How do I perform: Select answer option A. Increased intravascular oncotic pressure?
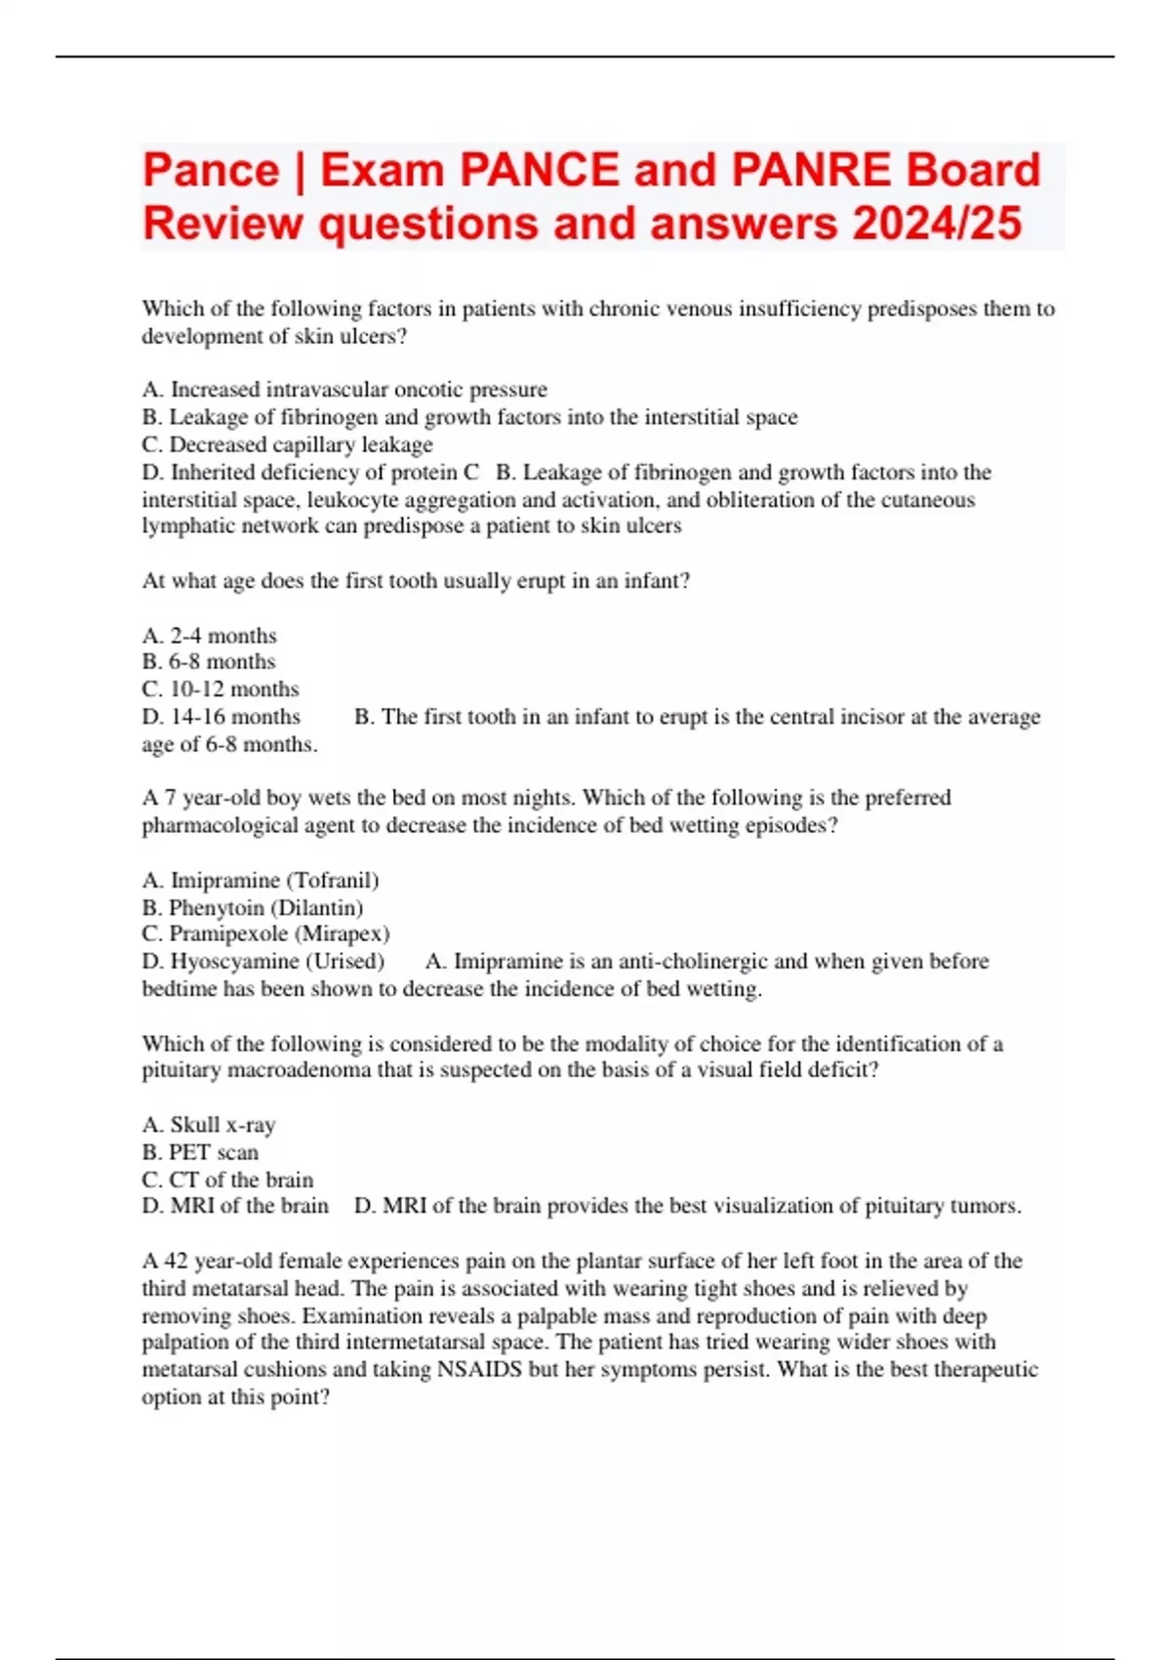coord(344,390)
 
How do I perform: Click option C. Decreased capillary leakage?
coord(287,444)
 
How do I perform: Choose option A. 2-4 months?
coord(209,636)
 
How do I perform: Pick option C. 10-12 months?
coord(220,689)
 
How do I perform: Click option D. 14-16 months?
coord(221,717)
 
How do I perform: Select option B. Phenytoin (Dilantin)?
coord(252,907)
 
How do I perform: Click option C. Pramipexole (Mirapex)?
coord(265,934)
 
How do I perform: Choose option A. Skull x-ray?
coord(209,1125)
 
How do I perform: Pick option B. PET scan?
coord(200,1152)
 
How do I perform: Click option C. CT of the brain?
coord(227,1180)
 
